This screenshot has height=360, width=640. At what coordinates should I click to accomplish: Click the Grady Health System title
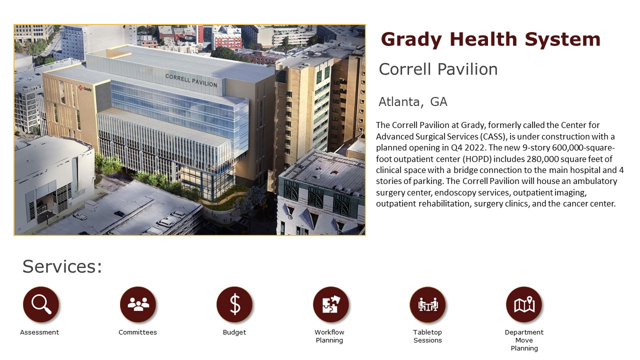tap(490, 39)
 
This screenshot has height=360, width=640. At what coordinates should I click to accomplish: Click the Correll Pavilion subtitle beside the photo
tap(438, 69)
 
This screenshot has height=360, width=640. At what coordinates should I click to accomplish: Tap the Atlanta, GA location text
tap(413, 102)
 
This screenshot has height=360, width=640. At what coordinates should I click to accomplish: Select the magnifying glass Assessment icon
tap(41, 304)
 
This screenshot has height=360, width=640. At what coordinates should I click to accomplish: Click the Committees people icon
tap(138, 304)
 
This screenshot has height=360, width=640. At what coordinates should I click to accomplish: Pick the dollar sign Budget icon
tap(234, 304)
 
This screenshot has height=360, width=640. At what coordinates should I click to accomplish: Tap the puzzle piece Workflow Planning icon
tap(331, 304)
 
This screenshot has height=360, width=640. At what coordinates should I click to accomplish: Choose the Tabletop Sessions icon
tap(427, 304)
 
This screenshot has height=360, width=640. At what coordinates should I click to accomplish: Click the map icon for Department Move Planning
tap(524, 304)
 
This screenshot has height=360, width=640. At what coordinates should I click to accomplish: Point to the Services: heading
tap(62, 266)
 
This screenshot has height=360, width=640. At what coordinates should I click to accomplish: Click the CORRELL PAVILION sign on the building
tap(191, 80)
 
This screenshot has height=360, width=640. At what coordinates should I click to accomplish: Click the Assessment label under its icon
tap(39, 332)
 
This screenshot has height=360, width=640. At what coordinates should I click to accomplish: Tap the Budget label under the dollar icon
tap(234, 332)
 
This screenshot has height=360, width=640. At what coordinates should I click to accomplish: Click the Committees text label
tap(137, 332)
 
